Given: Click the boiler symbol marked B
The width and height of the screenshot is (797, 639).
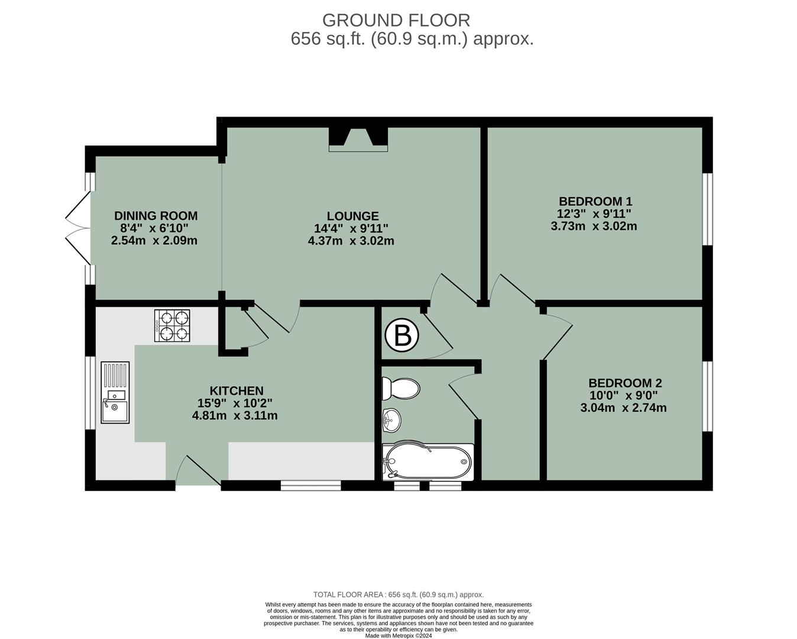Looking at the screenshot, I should (402, 336).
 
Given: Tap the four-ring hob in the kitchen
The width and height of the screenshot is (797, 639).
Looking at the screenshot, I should (172, 325).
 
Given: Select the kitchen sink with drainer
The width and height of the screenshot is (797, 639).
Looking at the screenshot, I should (115, 392).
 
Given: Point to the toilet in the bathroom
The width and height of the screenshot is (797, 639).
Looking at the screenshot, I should (401, 389).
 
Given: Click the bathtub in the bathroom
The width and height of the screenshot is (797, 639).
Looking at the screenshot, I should (428, 460).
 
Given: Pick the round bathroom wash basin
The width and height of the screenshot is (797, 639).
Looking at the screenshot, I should (391, 420).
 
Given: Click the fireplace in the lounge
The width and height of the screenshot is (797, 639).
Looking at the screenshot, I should (358, 138).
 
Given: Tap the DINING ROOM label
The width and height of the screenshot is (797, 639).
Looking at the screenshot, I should (155, 216).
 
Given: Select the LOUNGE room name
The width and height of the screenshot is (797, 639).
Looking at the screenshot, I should (353, 216).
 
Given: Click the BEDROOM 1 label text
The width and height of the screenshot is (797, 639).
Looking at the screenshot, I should (595, 201).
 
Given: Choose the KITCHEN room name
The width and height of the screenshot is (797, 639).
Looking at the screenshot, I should (236, 390).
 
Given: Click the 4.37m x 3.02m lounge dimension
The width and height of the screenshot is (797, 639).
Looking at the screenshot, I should (351, 241).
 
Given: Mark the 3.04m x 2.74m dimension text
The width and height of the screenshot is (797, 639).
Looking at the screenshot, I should (624, 408).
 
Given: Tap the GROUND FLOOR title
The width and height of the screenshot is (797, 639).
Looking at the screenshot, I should (396, 20).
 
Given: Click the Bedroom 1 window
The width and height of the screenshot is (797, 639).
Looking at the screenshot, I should (707, 209).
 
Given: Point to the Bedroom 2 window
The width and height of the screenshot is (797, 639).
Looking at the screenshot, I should (707, 395).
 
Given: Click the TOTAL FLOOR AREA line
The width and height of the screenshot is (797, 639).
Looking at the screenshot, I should (398, 595).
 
